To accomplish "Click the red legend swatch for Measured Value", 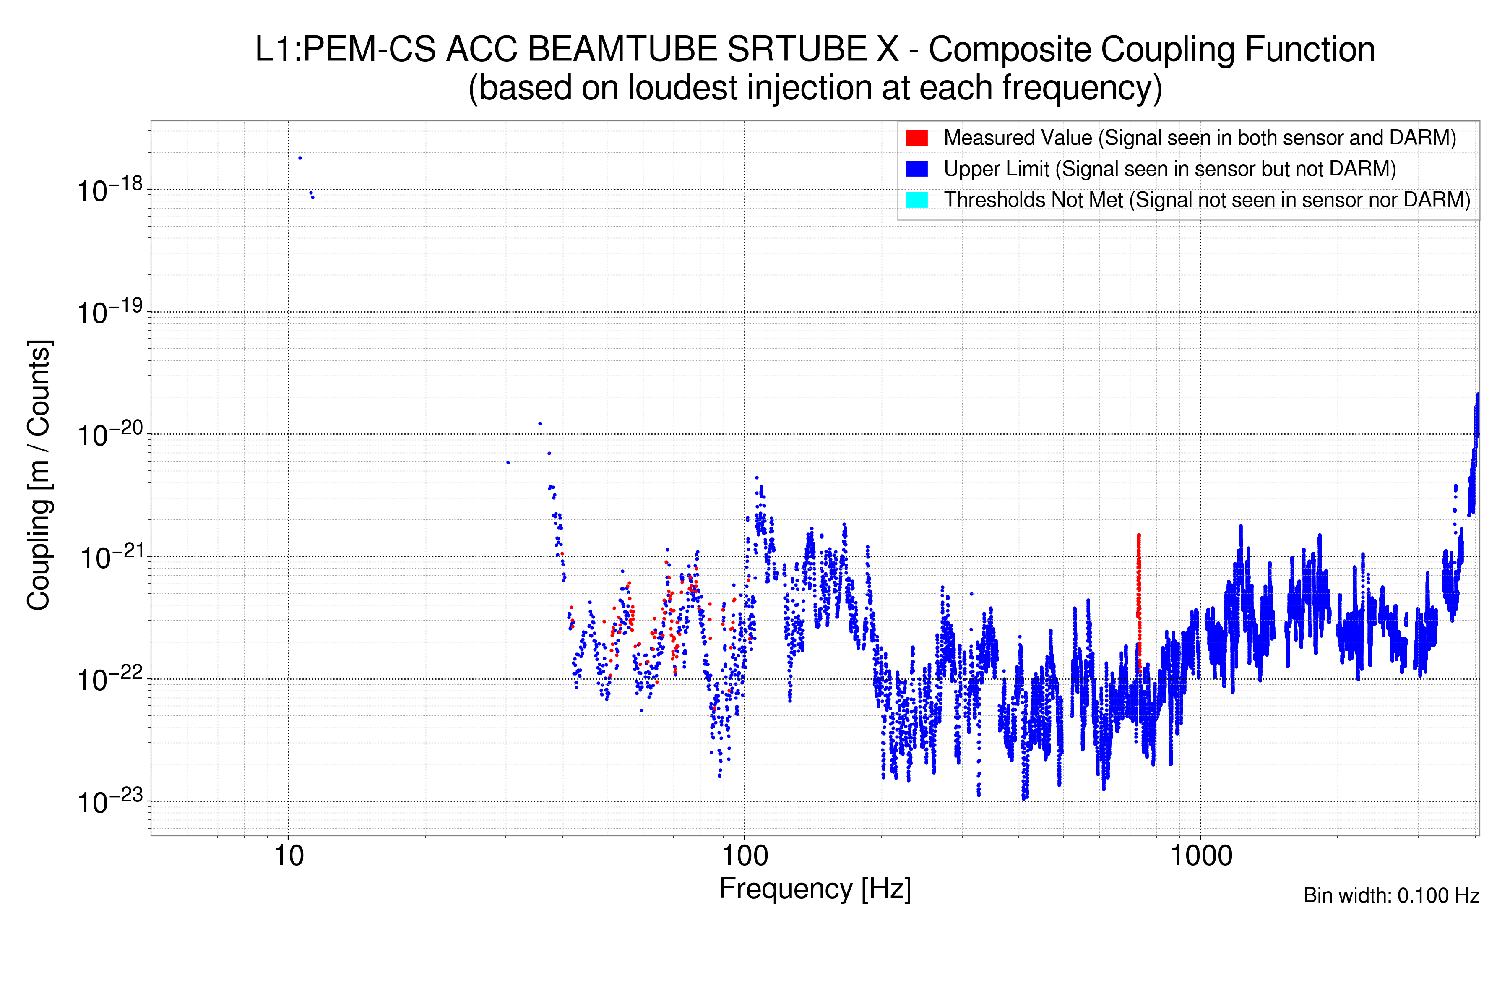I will pos(916,138).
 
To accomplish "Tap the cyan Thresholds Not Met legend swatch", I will pos(916,200).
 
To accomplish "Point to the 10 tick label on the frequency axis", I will pos(288,856).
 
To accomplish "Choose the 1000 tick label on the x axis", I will pos(1200,856).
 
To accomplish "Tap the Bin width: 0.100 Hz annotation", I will pos(1390,895).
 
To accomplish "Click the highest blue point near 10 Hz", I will pos(300,158).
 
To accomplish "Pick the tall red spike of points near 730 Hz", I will pos(1138,578).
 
